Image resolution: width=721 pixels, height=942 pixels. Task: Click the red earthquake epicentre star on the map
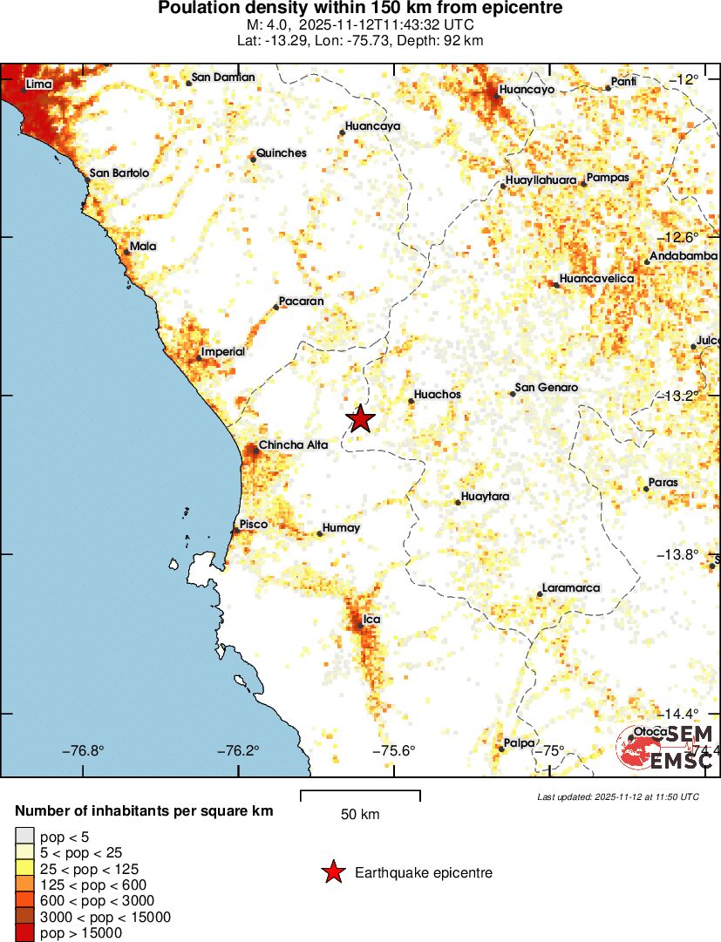pos(360,419)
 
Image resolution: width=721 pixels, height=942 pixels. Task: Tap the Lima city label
pos(40,85)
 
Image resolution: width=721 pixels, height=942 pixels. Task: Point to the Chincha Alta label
pos(293,444)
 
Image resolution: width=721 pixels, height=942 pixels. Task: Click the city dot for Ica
pos(361,626)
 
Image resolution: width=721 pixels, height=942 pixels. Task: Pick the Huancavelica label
pos(596,279)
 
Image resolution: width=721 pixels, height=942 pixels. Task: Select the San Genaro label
pos(547,388)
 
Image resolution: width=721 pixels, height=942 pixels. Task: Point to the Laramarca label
pos(571,588)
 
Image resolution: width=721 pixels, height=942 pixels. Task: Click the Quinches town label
pos(282,153)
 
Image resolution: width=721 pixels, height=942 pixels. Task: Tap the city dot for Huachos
pos(411,401)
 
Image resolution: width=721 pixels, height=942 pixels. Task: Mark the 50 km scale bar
pos(360,795)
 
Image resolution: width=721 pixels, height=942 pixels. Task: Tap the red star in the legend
pos(332,872)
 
